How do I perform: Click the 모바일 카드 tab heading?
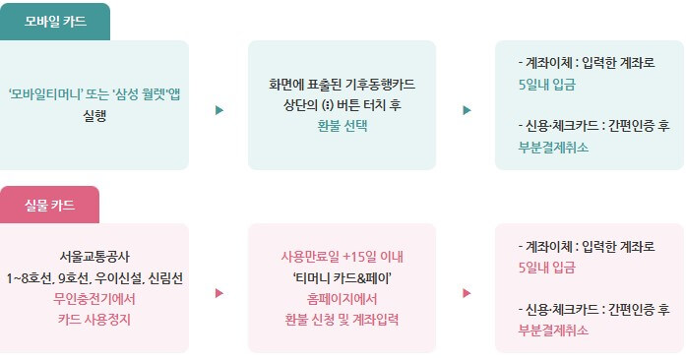tap(55, 22)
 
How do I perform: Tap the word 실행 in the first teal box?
tap(94, 114)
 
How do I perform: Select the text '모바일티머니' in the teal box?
tap(45, 95)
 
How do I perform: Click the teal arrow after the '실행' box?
tap(219, 109)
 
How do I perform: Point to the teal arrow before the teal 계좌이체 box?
tap(467, 109)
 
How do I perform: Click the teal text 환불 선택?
tap(342, 126)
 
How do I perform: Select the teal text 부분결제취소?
tap(553, 147)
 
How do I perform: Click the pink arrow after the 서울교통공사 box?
tap(219, 292)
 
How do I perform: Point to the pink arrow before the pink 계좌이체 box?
tap(467, 292)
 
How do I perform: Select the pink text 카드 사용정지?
tap(94, 320)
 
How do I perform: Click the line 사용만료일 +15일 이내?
tap(342, 258)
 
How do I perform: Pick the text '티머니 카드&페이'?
tap(342, 278)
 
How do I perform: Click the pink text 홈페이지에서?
tap(342, 299)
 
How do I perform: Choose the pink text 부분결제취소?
tap(553, 330)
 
